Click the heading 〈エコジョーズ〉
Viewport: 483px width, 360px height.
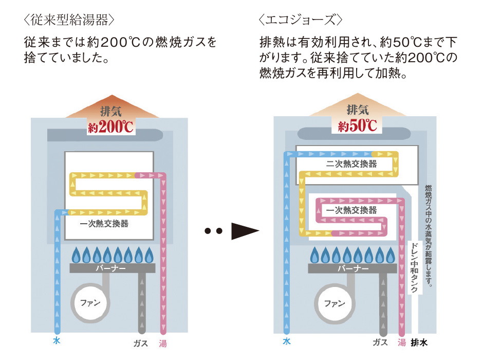coord(301,21)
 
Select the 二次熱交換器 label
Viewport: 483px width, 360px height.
coord(351,165)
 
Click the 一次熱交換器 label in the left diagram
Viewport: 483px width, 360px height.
coord(104,224)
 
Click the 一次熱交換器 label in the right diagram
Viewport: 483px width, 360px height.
coord(351,210)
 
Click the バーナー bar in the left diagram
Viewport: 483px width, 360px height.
coord(112,268)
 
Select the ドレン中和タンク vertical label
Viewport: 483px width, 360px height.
coord(414,268)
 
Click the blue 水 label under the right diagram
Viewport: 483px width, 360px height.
coord(286,342)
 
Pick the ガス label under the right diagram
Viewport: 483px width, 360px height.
coord(380,342)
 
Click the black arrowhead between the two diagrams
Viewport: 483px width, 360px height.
coord(244,231)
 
